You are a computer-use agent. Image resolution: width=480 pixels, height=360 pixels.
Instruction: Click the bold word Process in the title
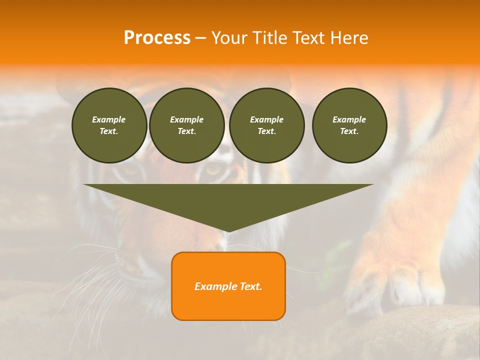[157, 38]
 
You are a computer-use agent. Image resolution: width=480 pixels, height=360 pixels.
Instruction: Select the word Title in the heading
[271, 38]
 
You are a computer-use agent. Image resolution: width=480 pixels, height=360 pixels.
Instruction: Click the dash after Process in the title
[201, 38]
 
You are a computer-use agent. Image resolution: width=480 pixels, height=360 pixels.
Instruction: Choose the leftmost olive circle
[109, 125]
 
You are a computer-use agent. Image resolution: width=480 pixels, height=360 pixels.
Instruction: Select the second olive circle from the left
[187, 125]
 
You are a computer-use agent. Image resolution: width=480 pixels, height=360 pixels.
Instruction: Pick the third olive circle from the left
[266, 125]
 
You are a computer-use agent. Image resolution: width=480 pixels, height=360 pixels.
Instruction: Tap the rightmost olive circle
[349, 125]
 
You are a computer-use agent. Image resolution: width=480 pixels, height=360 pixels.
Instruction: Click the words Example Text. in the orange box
[228, 286]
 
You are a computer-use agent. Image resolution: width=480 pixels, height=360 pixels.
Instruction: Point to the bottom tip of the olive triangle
[228, 231]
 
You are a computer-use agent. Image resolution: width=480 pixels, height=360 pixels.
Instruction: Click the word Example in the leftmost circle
[109, 119]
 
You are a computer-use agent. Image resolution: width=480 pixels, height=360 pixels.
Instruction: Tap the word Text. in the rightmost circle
[349, 131]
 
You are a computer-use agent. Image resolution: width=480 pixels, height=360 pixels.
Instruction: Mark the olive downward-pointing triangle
[228, 200]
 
